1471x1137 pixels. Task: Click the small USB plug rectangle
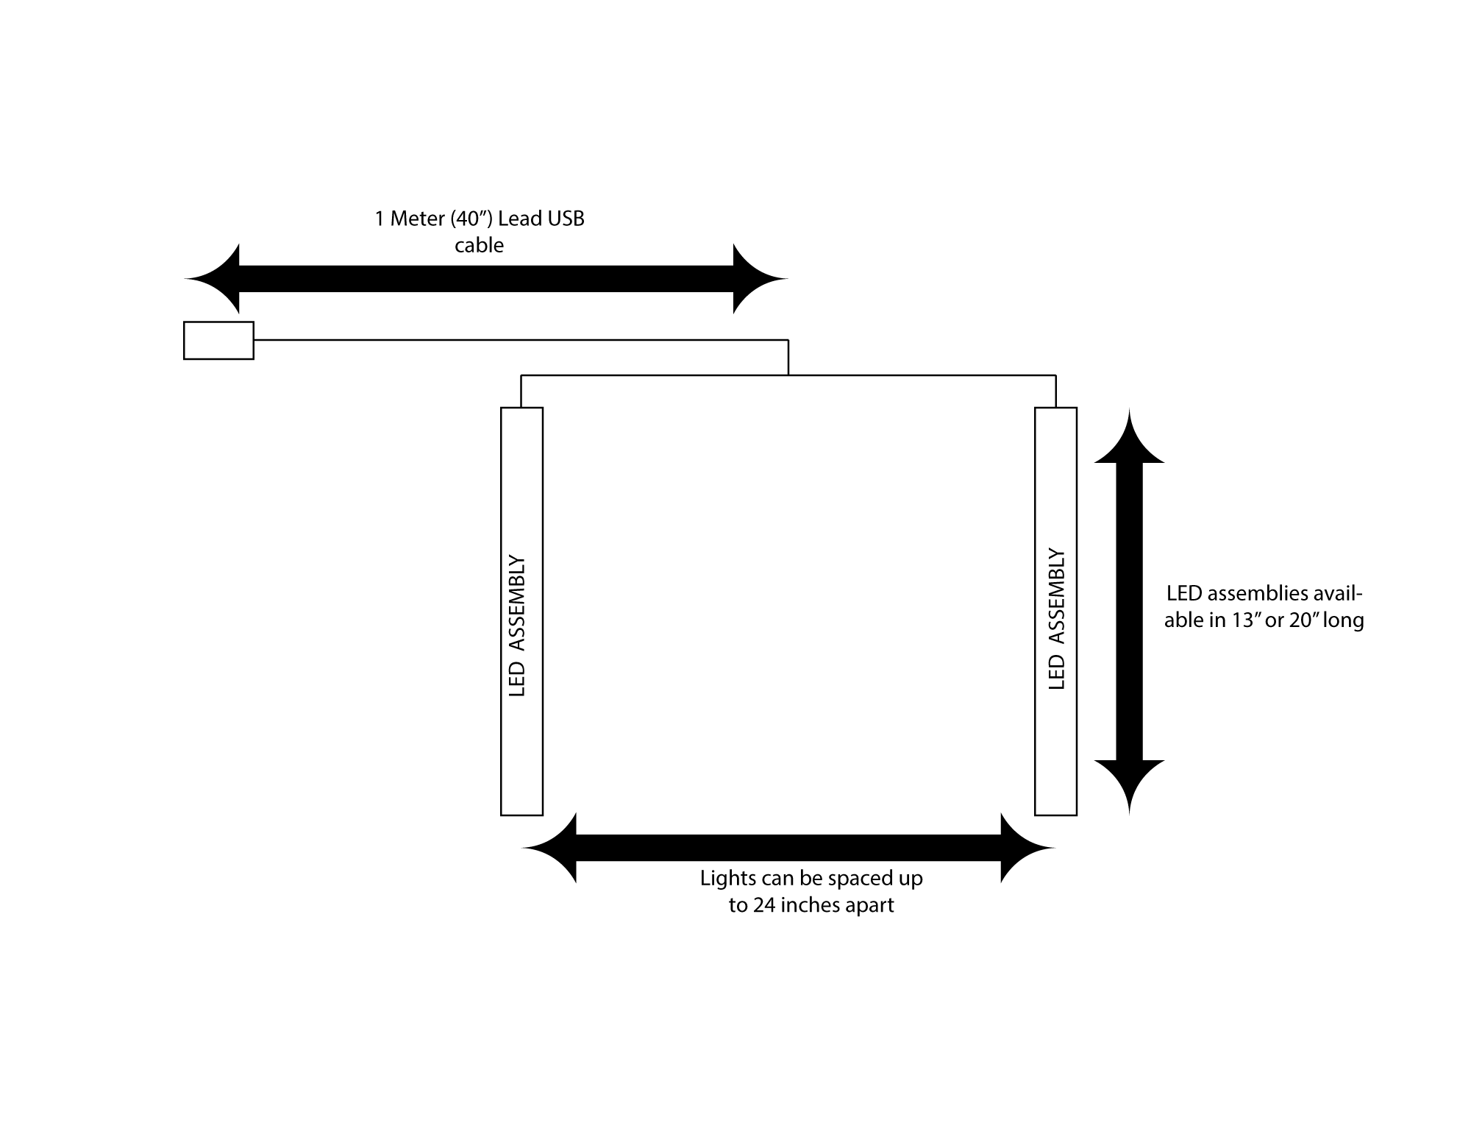coord(218,341)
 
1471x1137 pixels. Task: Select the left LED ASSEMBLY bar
coord(521,611)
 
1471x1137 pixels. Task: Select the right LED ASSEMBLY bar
coord(1055,611)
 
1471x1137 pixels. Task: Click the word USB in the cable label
coord(566,219)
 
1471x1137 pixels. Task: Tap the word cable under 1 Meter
coord(479,245)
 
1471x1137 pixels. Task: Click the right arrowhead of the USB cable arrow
coord(758,279)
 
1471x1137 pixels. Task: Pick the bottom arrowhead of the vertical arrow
coord(1129,783)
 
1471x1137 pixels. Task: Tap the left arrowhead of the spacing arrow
coord(552,848)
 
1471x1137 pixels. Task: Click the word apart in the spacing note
coord(869,905)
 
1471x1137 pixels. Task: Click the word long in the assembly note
coord(1343,621)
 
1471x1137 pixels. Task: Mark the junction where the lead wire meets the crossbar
coord(788,375)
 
